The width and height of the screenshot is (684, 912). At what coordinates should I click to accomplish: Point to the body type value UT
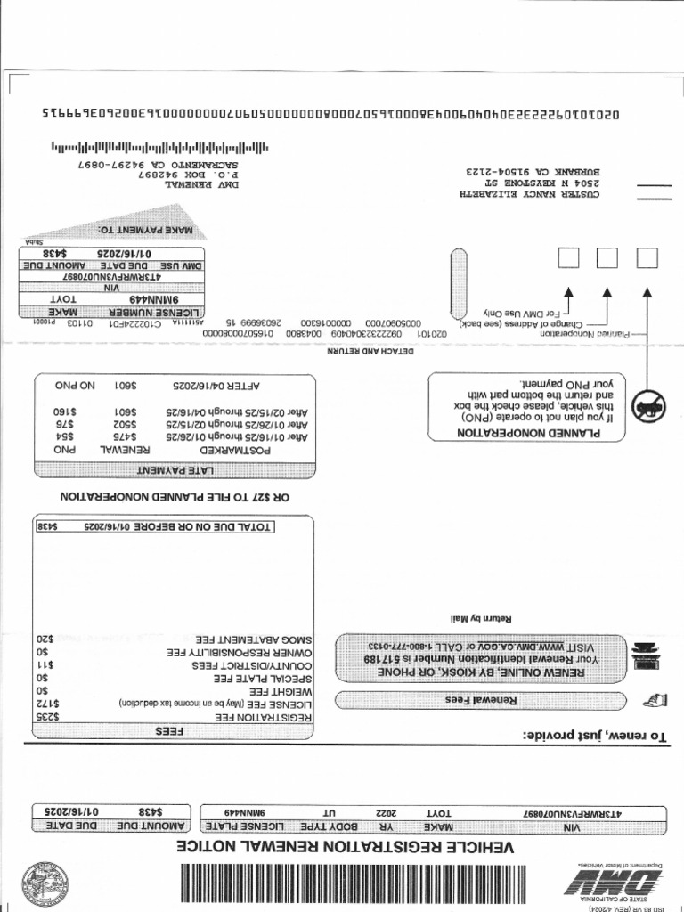330,813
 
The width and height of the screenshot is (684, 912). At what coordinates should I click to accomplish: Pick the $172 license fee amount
45,703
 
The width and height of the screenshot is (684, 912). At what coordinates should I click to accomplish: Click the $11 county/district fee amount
46,664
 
